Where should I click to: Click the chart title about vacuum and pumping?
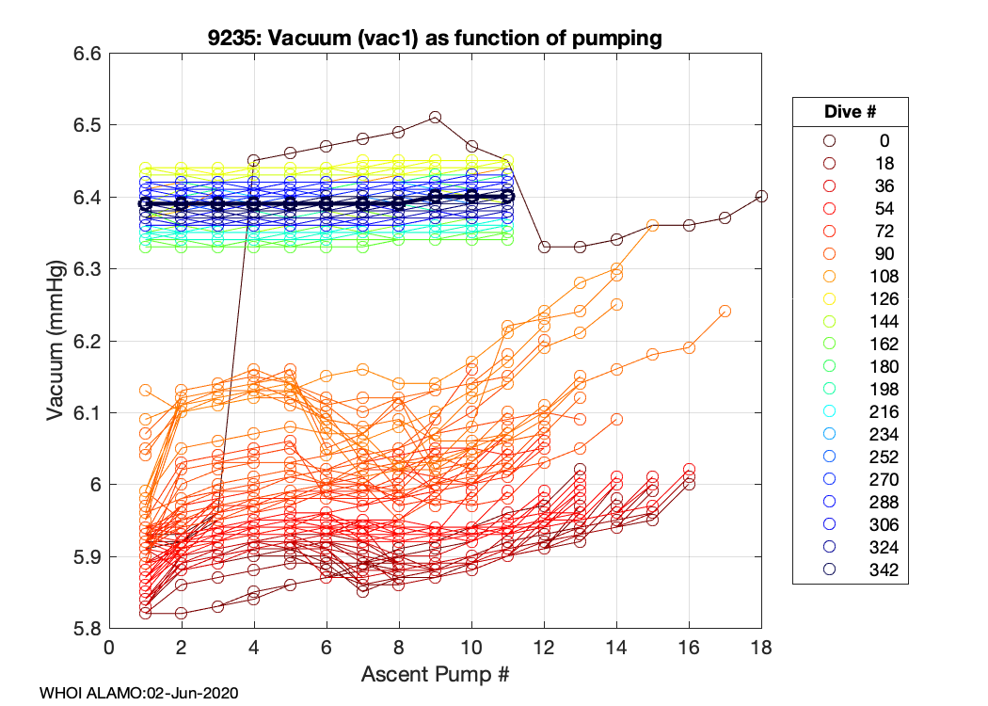pos(436,39)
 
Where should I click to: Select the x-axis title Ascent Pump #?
pos(436,674)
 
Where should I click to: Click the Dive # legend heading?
pos(850,111)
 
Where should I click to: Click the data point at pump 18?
pos(761,196)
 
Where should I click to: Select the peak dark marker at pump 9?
pos(436,118)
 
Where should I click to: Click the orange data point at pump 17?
pos(725,312)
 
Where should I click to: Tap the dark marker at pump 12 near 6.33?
pos(544,247)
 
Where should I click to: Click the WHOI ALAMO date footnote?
pos(138,693)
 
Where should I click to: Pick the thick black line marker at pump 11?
pos(508,196)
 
